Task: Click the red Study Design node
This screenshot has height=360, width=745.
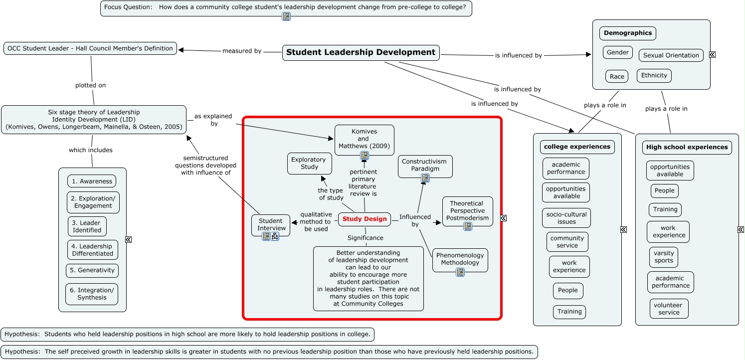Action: click(x=365, y=219)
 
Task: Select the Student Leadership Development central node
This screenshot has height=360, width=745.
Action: click(x=361, y=52)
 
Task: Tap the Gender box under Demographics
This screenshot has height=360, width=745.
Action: click(x=618, y=52)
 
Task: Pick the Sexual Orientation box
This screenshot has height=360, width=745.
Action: click(x=671, y=55)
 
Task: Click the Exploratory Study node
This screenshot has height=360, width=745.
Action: click(x=309, y=164)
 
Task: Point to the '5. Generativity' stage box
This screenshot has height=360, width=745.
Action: click(x=92, y=270)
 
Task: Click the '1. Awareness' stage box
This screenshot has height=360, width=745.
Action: click(x=92, y=181)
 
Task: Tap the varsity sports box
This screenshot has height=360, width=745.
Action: click(x=664, y=257)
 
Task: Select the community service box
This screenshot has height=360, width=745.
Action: click(x=567, y=242)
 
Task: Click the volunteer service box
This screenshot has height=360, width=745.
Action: click(x=669, y=309)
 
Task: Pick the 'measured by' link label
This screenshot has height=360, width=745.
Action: click(x=242, y=51)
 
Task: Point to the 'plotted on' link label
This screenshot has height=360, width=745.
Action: click(x=90, y=85)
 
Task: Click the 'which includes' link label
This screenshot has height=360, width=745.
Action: click(x=90, y=150)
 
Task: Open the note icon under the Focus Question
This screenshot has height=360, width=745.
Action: click(x=286, y=16)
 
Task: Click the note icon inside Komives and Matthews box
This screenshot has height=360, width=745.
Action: click(x=365, y=156)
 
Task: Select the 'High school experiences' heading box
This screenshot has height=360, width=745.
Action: click(x=687, y=147)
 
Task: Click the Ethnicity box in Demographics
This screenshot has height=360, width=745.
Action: click(x=654, y=76)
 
